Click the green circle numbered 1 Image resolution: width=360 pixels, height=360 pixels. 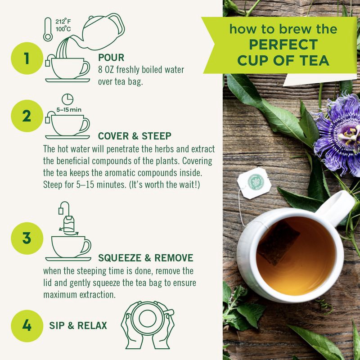(27, 59)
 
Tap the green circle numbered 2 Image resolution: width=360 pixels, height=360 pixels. (27, 116)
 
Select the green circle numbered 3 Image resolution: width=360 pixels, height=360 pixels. (27, 238)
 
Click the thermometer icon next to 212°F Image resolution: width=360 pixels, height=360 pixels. (48, 30)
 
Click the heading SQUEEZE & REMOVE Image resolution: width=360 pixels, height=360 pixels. (145, 258)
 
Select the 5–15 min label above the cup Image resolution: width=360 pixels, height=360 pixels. (69, 109)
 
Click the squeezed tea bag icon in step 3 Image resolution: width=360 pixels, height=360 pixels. (69, 223)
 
